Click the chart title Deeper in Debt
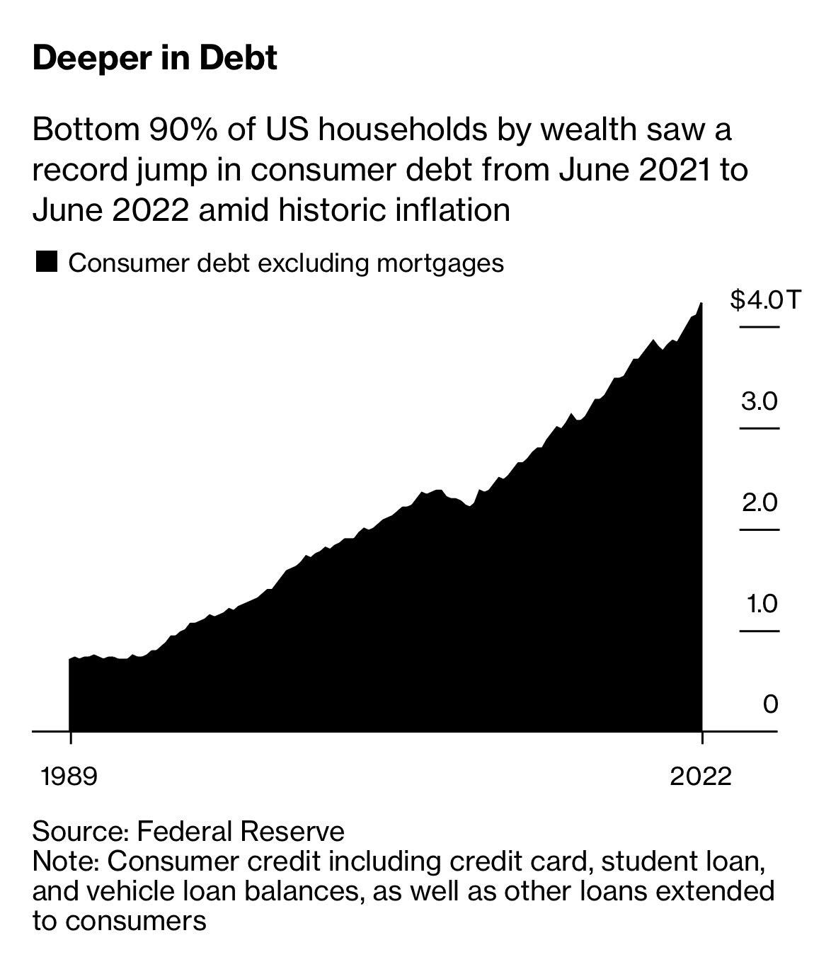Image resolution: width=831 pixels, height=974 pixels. point(155,58)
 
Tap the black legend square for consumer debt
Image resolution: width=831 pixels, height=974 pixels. point(47,263)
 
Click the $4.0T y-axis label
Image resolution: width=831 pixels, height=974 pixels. point(765,301)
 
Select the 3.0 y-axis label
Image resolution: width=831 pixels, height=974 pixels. point(760,402)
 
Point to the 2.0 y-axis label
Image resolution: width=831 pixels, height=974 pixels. point(760,503)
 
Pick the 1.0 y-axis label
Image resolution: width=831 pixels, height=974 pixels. point(760,605)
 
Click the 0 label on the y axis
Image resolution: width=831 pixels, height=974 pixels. point(770,704)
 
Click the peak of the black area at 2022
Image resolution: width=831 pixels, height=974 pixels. point(701,304)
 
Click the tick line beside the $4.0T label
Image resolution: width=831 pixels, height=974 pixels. point(759,327)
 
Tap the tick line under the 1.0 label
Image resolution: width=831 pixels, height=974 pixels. point(759,631)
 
